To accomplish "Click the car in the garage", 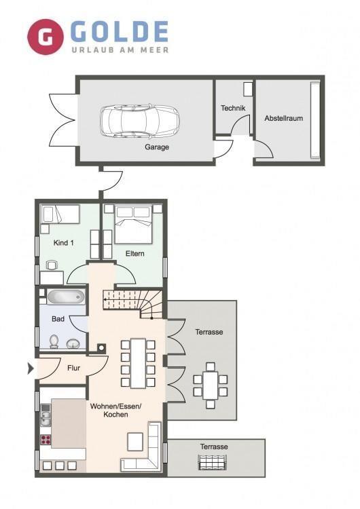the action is (x=140, y=121).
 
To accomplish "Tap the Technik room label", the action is (x=233, y=108).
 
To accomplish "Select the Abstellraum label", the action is (x=283, y=118).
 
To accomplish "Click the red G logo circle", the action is (x=45, y=37).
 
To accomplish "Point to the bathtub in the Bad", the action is (x=66, y=297).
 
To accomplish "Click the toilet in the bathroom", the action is (x=54, y=341).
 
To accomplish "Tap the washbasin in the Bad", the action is (x=74, y=343).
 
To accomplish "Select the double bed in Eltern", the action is (x=134, y=224).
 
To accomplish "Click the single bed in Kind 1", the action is (x=60, y=214).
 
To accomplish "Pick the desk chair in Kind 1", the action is (x=52, y=265).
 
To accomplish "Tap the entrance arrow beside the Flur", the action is (x=31, y=369).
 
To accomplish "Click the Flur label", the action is (x=74, y=368).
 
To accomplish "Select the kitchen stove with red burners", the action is (x=46, y=440).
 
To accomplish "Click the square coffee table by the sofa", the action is (x=135, y=442).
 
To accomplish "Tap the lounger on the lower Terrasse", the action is (x=213, y=462).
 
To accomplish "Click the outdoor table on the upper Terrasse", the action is (x=211, y=385).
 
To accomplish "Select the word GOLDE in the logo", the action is (x=120, y=31).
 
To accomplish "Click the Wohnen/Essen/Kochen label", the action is (x=115, y=411).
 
